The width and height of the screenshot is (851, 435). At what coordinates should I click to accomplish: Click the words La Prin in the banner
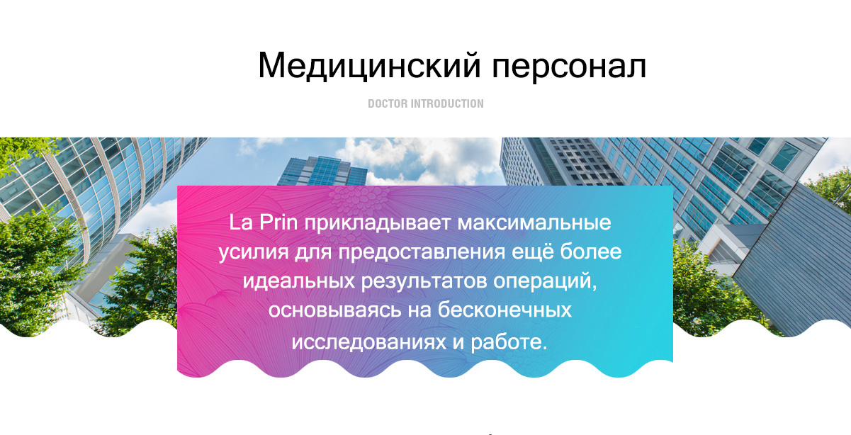pyautogui.click(x=263, y=222)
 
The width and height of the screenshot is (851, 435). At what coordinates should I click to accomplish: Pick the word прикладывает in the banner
pyautogui.click(x=377, y=223)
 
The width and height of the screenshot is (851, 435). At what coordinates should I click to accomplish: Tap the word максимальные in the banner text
pyautogui.click(x=534, y=223)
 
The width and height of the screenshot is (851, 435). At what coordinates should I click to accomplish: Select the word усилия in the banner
pyautogui.click(x=254, y=253)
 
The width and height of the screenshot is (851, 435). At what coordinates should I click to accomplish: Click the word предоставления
pyautogui.click(x=422, y=253)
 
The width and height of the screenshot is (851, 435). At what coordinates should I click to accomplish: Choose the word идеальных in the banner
pyautogui.click(x=298, y=282)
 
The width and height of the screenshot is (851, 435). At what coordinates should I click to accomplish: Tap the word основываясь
pyautogui.click(x=334, y=310)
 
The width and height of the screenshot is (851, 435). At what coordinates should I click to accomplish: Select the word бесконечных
pyautogui.click(x=505, y=310)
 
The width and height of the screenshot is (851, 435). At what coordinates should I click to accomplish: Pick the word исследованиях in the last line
pyautogui.click(x=369, y=343)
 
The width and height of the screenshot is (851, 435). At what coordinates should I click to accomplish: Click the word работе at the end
pyautogui.click(x=509, y=342)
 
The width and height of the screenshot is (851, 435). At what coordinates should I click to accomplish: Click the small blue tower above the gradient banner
pyautogui.click(x=322, y=171)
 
